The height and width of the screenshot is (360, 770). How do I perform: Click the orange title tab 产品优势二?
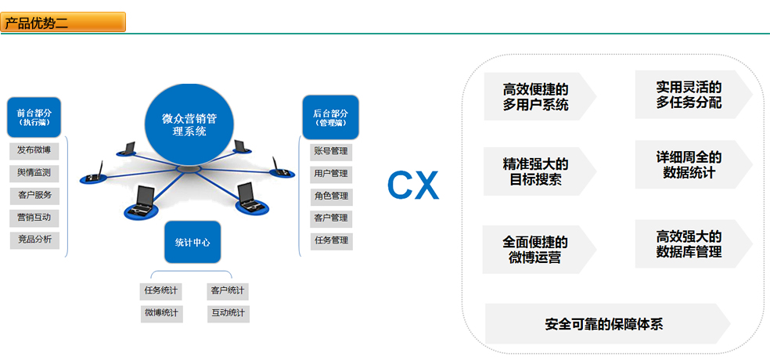(63, 23)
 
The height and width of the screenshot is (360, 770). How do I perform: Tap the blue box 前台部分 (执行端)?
(34, 117)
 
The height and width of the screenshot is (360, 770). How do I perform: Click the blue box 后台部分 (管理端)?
(330, 117)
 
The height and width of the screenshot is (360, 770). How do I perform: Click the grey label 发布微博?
(34, 150)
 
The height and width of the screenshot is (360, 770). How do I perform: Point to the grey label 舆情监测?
(34, 172)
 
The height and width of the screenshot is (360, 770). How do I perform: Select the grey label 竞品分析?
(34, 239)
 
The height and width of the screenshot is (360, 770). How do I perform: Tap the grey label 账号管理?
(331, 151)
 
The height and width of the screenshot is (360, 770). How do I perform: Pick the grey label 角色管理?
(331, 196)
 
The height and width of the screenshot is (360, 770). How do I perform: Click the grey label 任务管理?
(331, 240)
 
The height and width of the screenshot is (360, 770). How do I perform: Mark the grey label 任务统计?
(160, 291)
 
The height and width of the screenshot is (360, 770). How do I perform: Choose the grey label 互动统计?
(228, 314)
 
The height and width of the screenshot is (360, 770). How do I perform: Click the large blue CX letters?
(413, 186)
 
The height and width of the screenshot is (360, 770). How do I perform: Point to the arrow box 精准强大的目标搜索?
(535, 171)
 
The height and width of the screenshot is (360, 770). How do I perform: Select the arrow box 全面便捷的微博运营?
(535, 249)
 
